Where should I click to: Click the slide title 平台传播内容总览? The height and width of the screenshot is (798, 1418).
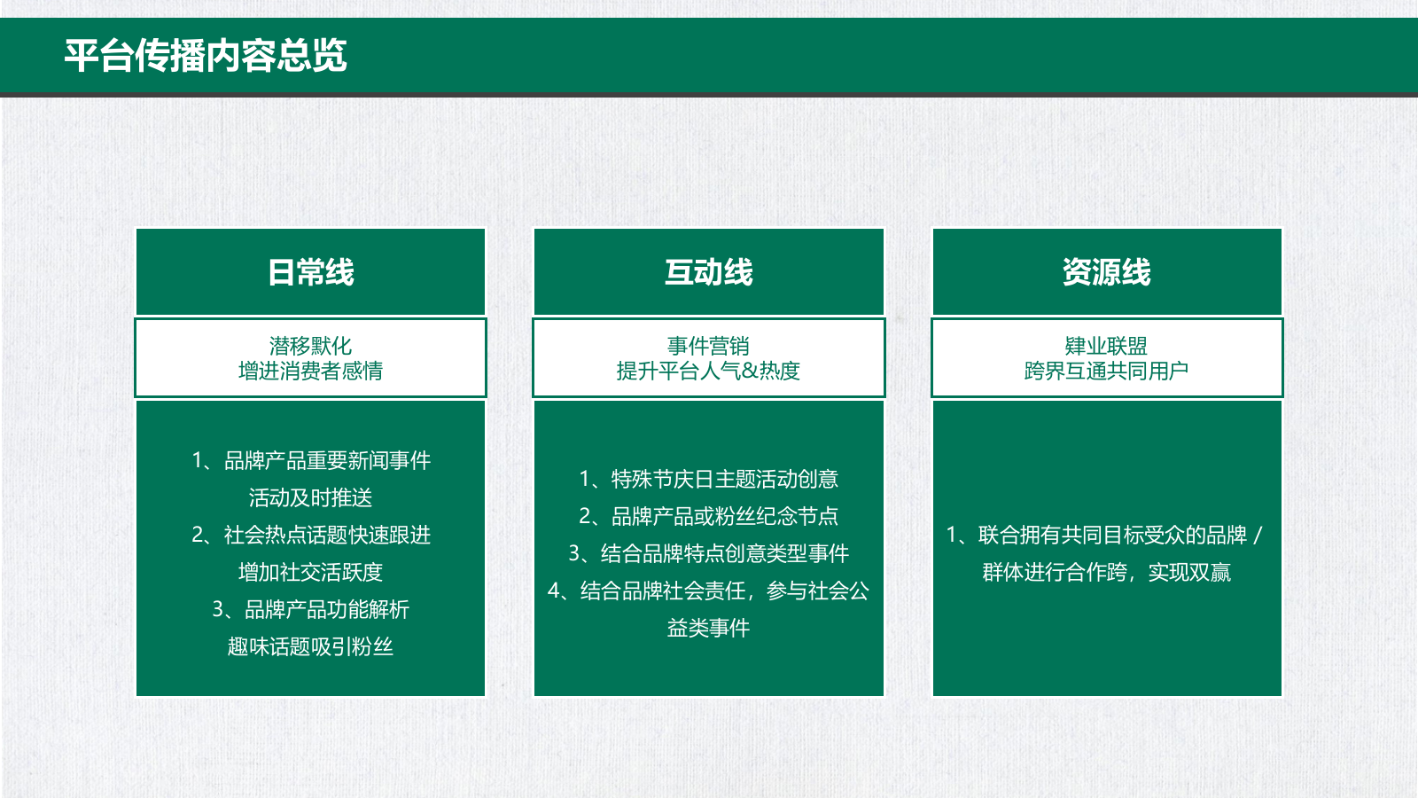point(206,56)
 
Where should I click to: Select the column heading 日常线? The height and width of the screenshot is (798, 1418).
point(310,272)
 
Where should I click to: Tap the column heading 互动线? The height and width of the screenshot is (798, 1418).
point(708,272)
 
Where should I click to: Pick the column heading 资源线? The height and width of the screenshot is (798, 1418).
point(1106,272)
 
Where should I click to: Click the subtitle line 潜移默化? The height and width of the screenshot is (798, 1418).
point(310,346)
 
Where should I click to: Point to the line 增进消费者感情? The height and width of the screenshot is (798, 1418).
point(310,371)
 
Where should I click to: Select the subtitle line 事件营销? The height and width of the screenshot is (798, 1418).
point(708,346)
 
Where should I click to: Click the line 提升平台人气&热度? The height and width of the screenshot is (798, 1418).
point(708,371)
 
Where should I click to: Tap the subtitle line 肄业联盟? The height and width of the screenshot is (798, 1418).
point(1106,346)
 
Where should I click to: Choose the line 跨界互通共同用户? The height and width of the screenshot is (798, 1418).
point(1106,371)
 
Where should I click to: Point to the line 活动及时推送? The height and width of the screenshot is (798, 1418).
point(310,498)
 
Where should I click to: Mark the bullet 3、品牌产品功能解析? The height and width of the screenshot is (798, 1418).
point(310,610)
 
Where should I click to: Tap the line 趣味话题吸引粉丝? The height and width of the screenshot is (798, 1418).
point(310,647)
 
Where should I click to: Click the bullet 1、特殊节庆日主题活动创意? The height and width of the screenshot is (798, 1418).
point(708,480)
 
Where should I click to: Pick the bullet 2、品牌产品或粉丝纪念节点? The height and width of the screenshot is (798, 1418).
point(708,517)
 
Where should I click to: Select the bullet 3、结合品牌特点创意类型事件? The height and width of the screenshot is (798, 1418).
point(708,554)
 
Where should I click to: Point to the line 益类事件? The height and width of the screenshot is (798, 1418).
point(708,629)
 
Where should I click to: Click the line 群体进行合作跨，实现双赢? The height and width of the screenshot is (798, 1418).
point(1106,573)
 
